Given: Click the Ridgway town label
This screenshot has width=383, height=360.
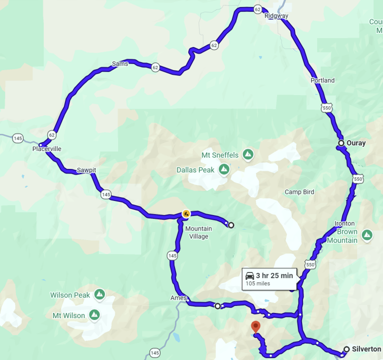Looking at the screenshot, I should (276, 15).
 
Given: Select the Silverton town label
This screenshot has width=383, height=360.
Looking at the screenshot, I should (366, 349).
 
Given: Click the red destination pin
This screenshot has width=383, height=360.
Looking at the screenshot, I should (256, 327).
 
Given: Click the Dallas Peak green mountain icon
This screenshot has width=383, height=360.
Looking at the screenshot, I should (224, 169).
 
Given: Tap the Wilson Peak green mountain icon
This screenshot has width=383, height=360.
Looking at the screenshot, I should (99, 294).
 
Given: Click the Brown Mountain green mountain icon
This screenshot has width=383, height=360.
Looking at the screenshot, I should (367, 234).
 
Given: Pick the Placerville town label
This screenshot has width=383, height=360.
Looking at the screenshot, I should (46, 149).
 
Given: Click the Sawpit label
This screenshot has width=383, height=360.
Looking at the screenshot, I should (86, 170).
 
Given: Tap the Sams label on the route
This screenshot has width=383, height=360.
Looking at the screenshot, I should (120, 63).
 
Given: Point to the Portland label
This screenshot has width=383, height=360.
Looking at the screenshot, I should (322, 80).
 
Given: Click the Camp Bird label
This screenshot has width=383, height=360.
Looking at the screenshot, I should (299, 192).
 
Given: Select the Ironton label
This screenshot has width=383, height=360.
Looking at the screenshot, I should (345, 223).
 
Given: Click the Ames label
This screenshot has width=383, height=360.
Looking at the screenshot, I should (178, 298).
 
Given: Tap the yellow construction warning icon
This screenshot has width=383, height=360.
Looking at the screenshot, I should (186, 214).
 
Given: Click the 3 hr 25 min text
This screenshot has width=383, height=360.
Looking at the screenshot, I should (274, 275).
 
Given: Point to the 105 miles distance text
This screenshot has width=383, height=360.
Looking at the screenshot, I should (257, 284).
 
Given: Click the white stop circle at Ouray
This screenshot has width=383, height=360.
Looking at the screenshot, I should (341, 143).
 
